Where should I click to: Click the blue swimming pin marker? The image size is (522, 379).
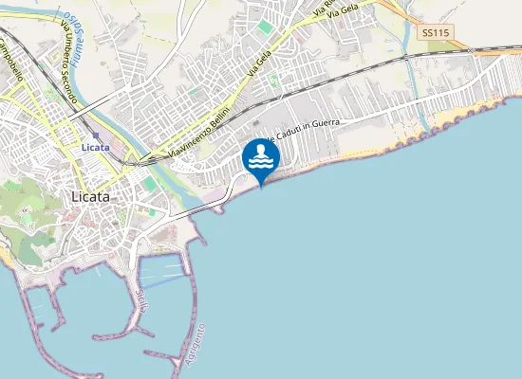click(x=261, y=159)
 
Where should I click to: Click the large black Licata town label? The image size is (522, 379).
click(x=91, y=196)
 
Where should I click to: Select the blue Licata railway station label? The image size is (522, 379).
click(x=96, y=148)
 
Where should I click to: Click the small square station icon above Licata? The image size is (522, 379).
click(x=95, y=135)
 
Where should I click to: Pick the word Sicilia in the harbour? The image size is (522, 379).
click(x=144, y=302)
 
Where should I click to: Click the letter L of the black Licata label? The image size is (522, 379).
click(x=75, y=196)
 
